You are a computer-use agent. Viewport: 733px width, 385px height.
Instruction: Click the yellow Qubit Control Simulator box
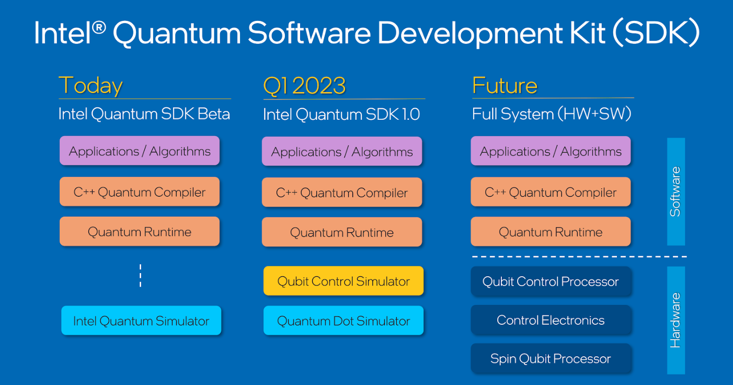[343, 281]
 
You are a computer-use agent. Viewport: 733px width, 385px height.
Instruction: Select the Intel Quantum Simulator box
[141, 321]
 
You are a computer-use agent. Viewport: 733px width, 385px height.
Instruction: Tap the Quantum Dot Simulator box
[343, 321]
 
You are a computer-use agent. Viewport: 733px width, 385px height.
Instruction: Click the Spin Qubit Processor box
[551, 359]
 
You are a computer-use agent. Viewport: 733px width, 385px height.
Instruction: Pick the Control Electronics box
[551, 320]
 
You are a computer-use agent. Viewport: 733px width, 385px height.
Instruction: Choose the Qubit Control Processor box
[551, 282]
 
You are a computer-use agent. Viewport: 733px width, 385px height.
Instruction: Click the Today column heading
[90, 86]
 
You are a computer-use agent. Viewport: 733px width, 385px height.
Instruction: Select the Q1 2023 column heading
[304, 86]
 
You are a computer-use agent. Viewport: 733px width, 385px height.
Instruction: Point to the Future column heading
[505, 86]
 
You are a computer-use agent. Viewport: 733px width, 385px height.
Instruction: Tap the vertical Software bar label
[675, 191]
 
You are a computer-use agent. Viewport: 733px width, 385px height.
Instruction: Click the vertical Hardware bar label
[675, 320]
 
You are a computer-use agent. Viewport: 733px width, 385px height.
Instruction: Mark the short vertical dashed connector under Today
[140, 276]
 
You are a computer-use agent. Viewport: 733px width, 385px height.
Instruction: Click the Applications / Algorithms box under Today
[140, 151]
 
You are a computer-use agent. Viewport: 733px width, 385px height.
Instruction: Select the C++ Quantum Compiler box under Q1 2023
[342, 192]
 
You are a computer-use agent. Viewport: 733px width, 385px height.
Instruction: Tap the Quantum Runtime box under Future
[551, 232]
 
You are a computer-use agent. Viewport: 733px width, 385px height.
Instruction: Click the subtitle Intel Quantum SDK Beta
[144, 114]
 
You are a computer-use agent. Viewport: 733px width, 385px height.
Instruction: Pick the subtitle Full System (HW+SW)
[552, 114]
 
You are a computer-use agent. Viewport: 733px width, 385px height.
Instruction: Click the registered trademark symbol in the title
[99, 26]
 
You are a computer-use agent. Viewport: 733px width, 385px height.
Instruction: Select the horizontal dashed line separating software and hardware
[579, 257]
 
